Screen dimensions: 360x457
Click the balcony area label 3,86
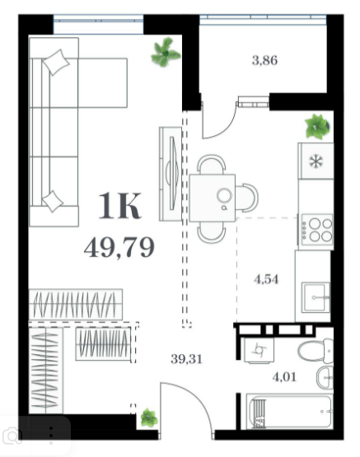click(264, 61)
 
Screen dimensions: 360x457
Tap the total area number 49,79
click(119, 248)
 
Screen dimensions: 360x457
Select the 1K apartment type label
click(119, 206)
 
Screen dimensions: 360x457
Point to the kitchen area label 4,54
click(266, 280)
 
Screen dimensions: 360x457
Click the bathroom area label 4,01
click(284, 377)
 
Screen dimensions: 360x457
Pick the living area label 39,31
click(186, 359)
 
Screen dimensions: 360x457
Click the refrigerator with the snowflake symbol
click(316, 161)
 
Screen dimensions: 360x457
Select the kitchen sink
click(316, 297)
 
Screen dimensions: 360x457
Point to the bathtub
click(289, 411)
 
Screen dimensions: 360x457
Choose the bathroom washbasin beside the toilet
click(325, 378)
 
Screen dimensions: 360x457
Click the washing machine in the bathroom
click(258, 350)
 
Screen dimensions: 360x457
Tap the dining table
click(213, 198)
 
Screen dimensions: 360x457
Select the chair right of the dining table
click(246, 198)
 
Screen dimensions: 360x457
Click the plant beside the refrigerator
click(317, 127)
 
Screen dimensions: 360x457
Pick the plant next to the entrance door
click(149, 417)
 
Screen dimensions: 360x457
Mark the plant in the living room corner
click(166, 52)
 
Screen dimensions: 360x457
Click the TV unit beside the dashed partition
click(171, 174)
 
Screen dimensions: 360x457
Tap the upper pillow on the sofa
click(56, 63)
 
